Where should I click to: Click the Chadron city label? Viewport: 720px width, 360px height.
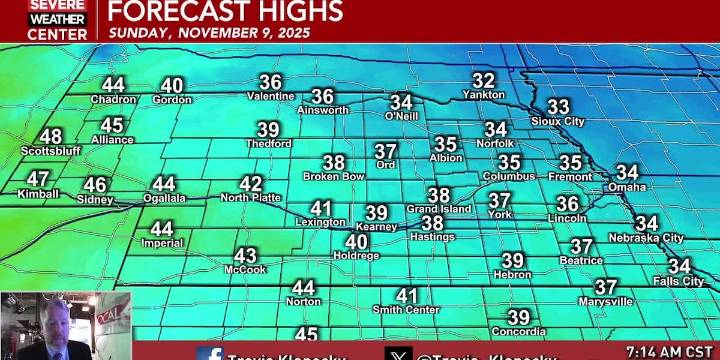(112, 100)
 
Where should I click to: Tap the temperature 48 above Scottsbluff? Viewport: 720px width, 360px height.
(50, 137)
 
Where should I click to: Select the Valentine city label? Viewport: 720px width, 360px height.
(270, 97)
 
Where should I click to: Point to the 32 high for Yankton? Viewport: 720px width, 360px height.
(484, 80)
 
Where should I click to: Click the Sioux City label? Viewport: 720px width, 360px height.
(557, 121)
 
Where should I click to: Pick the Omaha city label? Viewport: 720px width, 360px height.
(627, 187)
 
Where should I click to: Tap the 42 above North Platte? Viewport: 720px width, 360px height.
(251, 184)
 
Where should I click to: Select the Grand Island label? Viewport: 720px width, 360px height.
(438, 209)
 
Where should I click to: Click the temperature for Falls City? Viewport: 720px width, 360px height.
(680, 266)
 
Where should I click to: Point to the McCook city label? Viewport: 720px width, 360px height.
(245, 269)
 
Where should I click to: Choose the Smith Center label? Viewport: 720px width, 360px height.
(406, 310)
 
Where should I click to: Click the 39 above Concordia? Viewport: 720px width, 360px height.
(519, 318)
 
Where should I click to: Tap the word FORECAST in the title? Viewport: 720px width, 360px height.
(169, 11)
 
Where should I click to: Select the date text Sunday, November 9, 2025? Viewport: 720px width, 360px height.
(209, 32)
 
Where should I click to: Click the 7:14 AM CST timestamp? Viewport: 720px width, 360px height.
(667, 352)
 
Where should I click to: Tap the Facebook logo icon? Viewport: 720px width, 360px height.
(210, 354)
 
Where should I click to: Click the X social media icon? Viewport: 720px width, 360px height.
(398, 354)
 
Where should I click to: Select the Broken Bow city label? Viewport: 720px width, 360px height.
(334, 176)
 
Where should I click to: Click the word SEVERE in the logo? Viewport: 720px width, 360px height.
(57, 5)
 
